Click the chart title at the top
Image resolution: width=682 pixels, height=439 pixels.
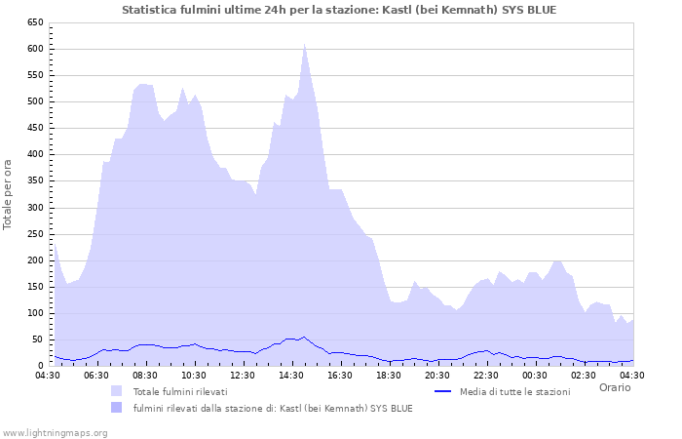coord(340,10)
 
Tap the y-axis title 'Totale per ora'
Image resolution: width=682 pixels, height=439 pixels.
coord(9,194)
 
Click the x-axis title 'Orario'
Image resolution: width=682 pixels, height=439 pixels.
coord(614,387)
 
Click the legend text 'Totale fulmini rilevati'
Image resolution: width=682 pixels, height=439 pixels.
coord(180,391)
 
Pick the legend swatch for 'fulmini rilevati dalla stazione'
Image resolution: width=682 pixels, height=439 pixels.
coord(117,408)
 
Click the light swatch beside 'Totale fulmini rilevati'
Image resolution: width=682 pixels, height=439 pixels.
coord(117,391)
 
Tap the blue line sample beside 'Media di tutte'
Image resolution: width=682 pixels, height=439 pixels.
coord(443,391)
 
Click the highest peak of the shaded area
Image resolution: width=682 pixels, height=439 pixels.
coord(304,45)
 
